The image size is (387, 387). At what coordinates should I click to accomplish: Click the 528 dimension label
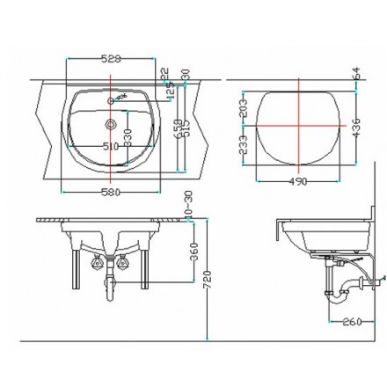[x=111, y=58]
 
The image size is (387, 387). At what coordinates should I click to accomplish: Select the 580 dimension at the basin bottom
[x=110, y=191]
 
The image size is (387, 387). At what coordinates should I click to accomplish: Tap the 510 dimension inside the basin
[x=113, y=146]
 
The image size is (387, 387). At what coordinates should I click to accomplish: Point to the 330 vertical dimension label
[x=128, y=136]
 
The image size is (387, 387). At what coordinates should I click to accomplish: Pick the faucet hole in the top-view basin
[x=111, y=99]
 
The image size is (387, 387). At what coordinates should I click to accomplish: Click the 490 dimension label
[x=299, y=182]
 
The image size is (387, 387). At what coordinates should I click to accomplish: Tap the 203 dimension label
[x=244, y=106]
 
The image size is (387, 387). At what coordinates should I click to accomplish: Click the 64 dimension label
[x=355, y=74]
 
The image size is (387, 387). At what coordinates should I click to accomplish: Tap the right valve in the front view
[x=123, y=261]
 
